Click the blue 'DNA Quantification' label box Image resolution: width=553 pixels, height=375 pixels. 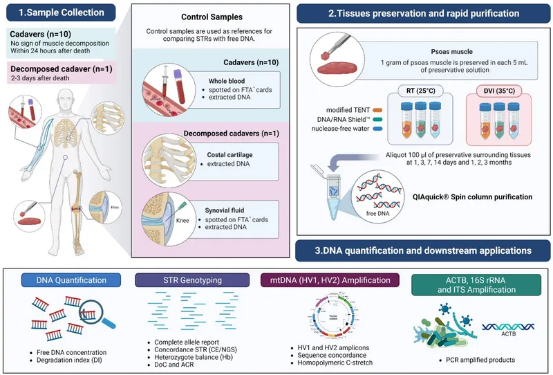coord(72,280)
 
